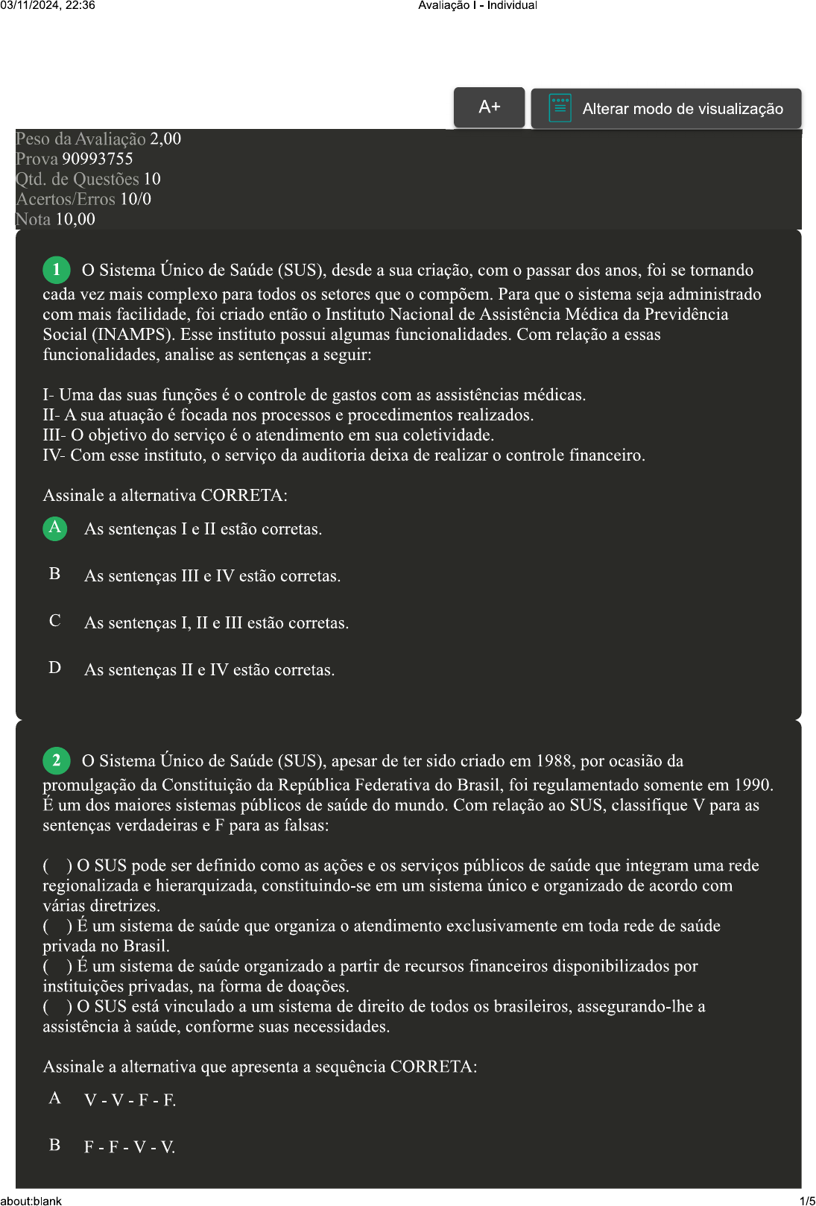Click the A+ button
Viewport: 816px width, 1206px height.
point(489,107)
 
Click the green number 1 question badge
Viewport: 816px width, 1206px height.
point(57,270)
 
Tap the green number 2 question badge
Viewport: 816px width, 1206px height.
point(57,760)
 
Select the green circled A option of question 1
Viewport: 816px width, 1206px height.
point(55,528)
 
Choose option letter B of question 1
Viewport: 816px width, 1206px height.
point(55,574)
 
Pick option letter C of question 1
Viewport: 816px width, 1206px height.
point(55,621)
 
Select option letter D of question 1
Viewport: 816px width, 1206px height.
point(55,668)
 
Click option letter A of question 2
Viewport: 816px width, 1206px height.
point(55,1098)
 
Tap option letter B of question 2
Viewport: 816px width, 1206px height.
point(55,1145)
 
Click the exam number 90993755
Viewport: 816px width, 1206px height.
point(98,159)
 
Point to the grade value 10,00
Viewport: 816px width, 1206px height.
point(75,219)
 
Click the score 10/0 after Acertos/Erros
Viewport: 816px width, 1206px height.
point(136,199)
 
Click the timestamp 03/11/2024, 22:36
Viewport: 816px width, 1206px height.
point(48,5)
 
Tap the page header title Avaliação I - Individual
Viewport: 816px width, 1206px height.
point(477,5)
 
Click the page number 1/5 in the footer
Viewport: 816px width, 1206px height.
point(807,1201)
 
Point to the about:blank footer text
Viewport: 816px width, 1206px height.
point(31,1201)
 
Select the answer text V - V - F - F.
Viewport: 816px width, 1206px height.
point(130,1100)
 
